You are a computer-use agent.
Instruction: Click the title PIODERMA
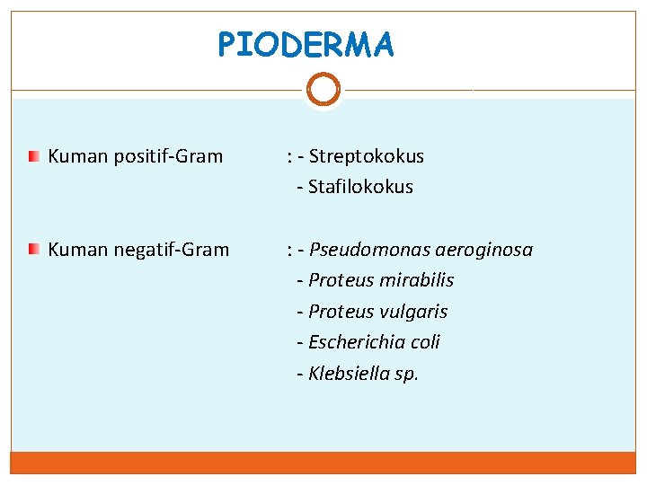point(306,44)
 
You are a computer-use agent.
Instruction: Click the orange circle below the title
point(323,89)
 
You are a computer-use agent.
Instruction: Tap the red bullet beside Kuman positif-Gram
point(33,157)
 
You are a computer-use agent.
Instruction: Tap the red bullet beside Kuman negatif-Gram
point(33,249)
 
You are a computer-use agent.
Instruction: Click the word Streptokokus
point(366,156)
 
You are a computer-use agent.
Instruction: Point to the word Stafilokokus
point(360,187)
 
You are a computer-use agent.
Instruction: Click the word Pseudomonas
point(361,249)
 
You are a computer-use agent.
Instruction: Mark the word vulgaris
point(414,312)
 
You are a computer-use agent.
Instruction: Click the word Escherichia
point(350,342)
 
